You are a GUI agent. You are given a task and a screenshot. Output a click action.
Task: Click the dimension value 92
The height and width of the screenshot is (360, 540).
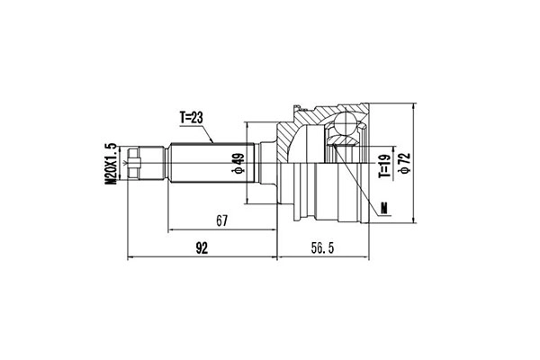pyautogui.click(x=202, y=248)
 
